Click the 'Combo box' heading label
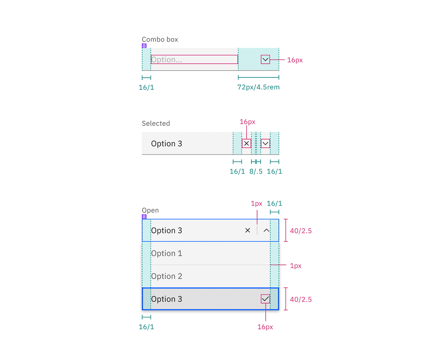160,39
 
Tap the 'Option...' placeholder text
167,60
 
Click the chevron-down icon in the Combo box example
265,60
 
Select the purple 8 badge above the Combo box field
144,46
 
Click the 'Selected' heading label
156,123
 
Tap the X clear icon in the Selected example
247,143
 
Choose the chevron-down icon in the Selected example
265,143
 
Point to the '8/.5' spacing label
256,172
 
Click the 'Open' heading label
150,210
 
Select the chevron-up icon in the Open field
266,230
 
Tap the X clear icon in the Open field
247,230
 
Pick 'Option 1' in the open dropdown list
167,253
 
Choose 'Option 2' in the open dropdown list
167,276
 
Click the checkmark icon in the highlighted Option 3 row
265,299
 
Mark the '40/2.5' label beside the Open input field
300,231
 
